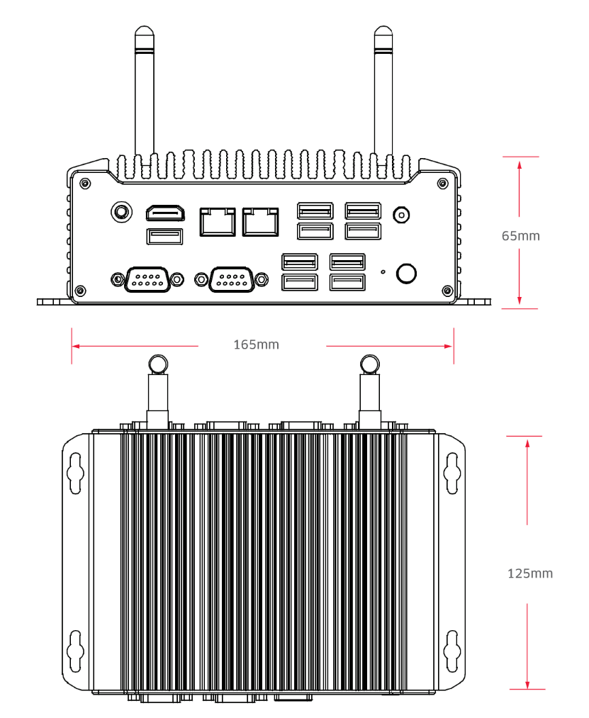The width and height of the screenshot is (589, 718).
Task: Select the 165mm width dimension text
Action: click(x=256, y=345)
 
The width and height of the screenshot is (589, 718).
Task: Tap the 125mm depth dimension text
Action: click(x=530, y=573)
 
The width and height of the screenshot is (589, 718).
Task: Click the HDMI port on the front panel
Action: click(x=165, y=212)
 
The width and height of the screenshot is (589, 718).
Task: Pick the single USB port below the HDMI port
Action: click(x=165, y=236)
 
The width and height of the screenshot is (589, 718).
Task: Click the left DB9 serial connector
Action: click(x=146, y=279)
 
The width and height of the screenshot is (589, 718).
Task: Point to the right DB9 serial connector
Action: click(x=230, y=279)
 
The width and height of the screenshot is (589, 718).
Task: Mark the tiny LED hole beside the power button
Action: click(x=383, y=271)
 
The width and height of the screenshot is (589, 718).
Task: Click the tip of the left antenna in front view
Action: click(x=144, y=31)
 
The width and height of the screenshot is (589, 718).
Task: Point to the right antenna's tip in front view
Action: click(x=383, y=31)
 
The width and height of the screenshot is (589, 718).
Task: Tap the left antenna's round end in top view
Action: click(x=157, y=364)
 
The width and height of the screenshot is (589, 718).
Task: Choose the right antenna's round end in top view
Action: click(x=369, y=364)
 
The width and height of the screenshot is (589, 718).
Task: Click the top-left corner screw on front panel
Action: click(x=85, y=183)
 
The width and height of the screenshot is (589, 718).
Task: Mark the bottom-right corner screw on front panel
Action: click(x=446, y=289)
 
